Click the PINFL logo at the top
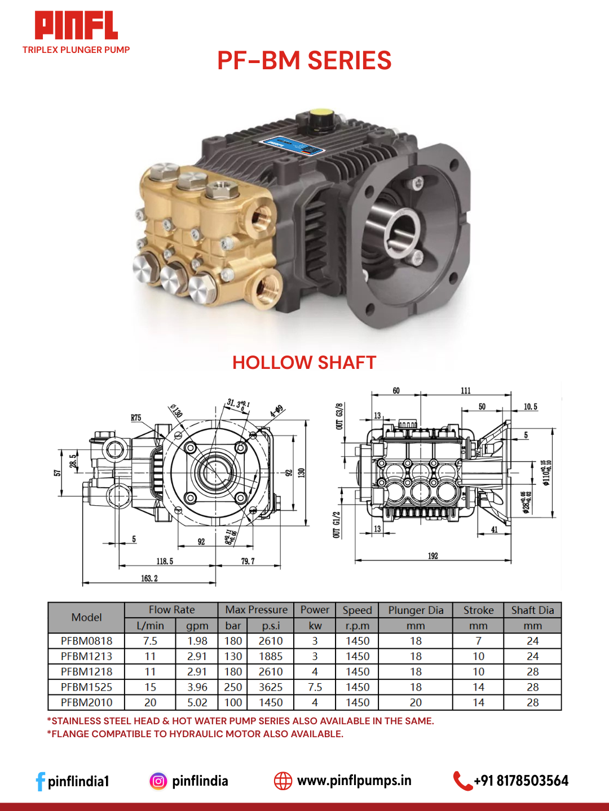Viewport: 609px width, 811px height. point(76,26)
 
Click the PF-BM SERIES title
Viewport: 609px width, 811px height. point(304,61)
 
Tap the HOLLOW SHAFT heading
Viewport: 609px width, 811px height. point(304,363)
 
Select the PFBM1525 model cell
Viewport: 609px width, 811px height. point(86,687)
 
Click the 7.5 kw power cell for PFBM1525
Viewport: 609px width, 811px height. point(315,687)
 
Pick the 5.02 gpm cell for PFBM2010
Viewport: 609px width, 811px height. point(197,703)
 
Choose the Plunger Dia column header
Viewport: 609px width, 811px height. point(416,610)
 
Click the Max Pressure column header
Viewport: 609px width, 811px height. point(256,610)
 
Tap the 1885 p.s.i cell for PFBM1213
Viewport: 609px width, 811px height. point(271,657)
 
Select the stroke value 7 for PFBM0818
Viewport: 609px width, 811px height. point(478,641)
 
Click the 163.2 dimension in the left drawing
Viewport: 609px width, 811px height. point(149,578)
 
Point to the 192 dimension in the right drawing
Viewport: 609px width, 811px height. point(433,556)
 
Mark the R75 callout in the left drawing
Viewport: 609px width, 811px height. point(136,418)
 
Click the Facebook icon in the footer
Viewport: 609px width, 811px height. point(40,781)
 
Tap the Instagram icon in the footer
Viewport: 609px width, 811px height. point(158,781)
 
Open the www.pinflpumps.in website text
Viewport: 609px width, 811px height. point(354,781)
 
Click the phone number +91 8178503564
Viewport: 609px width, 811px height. point(520,781)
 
